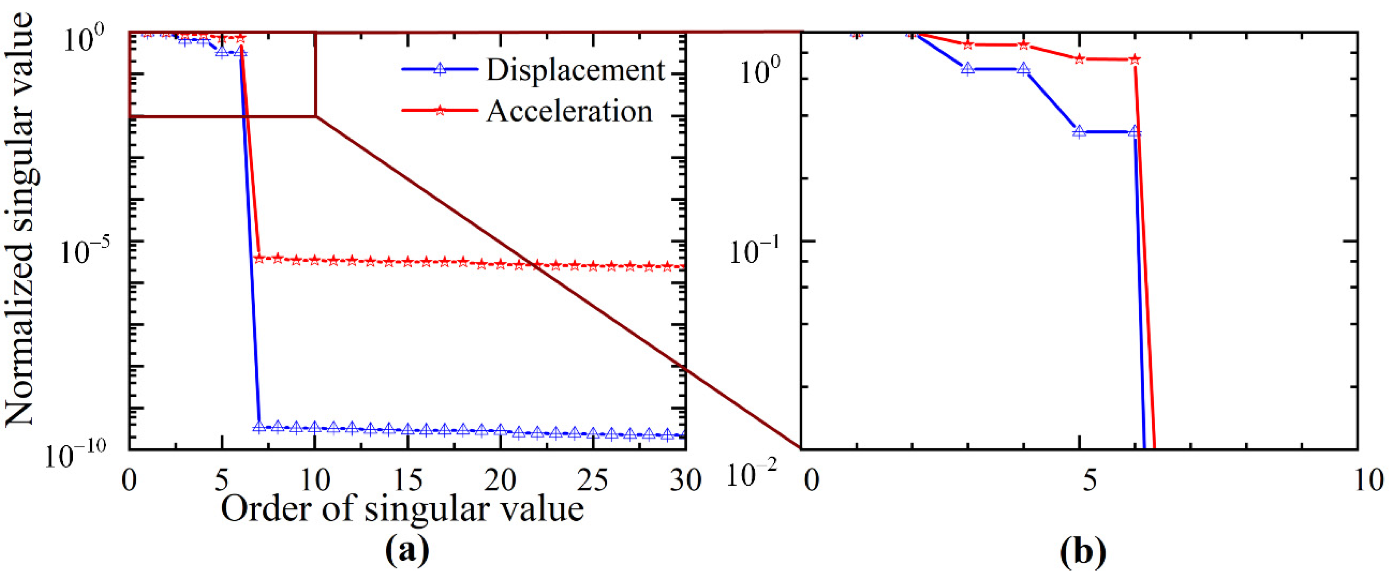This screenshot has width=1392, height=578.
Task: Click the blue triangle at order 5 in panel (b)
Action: coord(1079,131)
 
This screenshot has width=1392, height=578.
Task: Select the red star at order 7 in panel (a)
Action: coord(259,259)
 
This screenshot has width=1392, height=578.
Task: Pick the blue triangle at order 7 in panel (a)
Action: coord(259,427)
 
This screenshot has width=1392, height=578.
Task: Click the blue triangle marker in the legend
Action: coord(440,69)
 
